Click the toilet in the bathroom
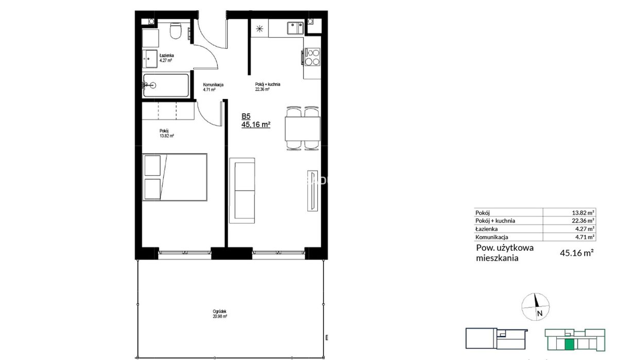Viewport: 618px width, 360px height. click(176, 30)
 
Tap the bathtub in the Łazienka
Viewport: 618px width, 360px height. click(166, 85)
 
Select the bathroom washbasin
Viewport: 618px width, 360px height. click(150, 59)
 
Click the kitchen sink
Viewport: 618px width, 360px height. click(295, 28)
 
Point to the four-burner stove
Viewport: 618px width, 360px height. click(312, 57)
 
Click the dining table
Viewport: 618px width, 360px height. click(303, 129)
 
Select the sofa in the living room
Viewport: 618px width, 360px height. click(242, 191)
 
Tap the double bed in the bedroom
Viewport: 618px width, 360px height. click(175, 177)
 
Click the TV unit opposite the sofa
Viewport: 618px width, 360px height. click(313, 191)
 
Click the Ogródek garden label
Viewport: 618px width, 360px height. click(219, 314)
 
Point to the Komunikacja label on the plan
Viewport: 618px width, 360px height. click(213, 84)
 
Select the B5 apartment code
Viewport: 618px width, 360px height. click(246, 116)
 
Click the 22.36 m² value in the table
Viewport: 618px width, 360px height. click(583, 221)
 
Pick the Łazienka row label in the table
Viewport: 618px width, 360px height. click(486, 229)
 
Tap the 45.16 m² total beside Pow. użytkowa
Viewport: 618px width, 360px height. click(577, 253)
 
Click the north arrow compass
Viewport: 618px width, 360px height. click(535, 307)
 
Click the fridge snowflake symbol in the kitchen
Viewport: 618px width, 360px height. click(260, 29)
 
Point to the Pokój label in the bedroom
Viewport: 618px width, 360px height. click(164, 131)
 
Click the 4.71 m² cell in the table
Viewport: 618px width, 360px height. click(585, 237)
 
